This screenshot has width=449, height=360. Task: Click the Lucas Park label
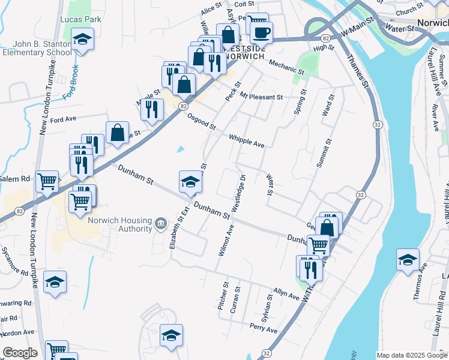[x=80, y=19]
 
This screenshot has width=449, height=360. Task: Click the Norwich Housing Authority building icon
[x=160, y=224]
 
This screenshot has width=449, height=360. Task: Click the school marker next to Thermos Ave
[x=408, y=260]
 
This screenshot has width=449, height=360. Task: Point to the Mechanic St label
[x=286, y=67]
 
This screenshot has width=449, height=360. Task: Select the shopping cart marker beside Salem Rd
[x=47, y=181]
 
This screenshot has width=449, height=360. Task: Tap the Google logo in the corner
[x=20, y=353]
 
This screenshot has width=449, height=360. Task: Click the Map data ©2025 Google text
[x=412, y=355]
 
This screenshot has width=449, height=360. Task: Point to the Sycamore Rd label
[x=15, y=260]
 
